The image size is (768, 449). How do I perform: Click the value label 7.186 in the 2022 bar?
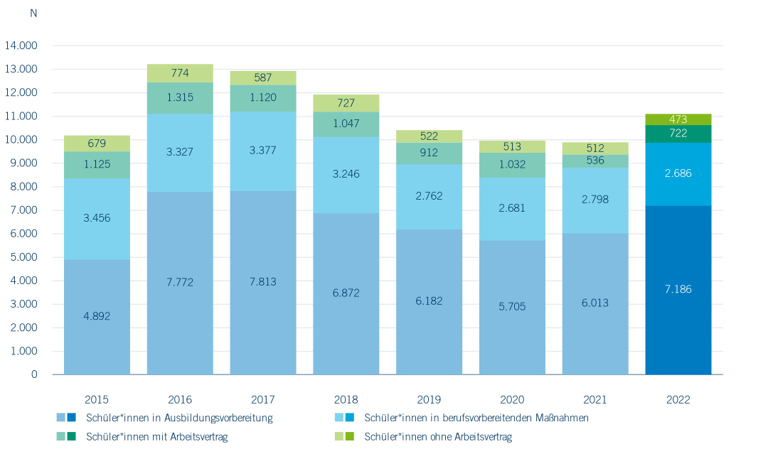coord(678,289)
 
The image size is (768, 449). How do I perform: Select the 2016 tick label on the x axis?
coord(180,400)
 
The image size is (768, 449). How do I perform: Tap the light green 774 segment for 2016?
coord(180,73)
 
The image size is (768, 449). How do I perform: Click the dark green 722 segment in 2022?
coord(678,134)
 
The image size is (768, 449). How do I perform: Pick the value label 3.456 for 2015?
coord(97,218)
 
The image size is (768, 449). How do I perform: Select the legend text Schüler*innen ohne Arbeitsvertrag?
coord(437,437)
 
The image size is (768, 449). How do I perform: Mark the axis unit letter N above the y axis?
coord(33,13)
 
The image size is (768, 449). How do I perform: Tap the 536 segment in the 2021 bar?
coord(595,161)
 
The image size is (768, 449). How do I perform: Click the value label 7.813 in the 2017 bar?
coord(263,282)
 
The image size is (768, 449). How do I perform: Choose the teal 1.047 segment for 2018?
coord(346,124)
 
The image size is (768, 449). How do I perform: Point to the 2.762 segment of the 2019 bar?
coord(429,195)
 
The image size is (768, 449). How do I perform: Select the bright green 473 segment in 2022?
coord(678,119)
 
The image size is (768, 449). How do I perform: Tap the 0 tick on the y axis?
coord(33,374)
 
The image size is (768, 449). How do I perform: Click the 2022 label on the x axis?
coord(678,400)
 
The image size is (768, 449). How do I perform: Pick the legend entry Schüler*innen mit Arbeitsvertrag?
coord(156,437)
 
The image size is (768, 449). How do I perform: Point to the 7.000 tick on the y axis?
coord(23,210)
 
